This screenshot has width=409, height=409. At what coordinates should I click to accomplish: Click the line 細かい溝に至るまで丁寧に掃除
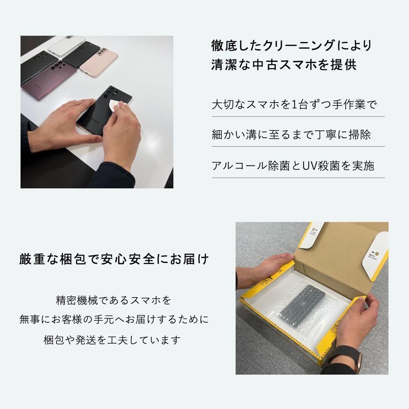coord(291,135)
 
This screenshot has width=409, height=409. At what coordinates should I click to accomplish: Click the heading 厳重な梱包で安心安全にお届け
coord(114,260)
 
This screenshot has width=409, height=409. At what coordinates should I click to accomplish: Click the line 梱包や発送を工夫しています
coord(112,340)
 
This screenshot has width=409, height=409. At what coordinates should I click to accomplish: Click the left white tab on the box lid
coord(311,235)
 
